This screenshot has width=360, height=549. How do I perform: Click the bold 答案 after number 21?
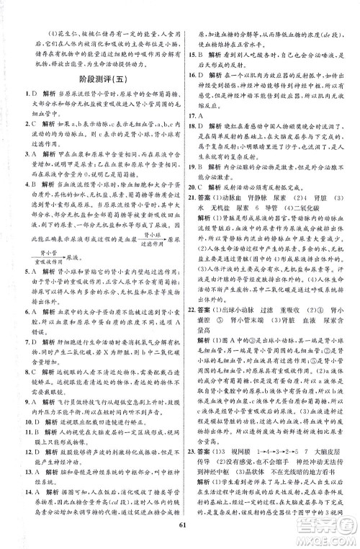pyautogui.click(x=215, y=213)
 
